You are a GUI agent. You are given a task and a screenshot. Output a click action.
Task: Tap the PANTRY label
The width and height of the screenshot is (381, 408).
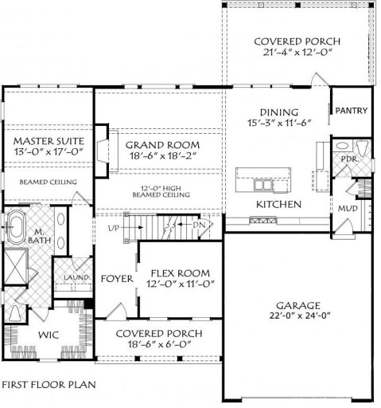(x=350, y=111)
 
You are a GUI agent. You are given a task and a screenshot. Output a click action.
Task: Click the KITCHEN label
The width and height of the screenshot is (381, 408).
(x=278, y=205)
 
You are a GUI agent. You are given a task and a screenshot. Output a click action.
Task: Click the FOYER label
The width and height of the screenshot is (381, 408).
(x=116, y=278)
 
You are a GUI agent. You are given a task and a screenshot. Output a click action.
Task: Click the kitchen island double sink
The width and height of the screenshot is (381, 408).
(x=265, y=186)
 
